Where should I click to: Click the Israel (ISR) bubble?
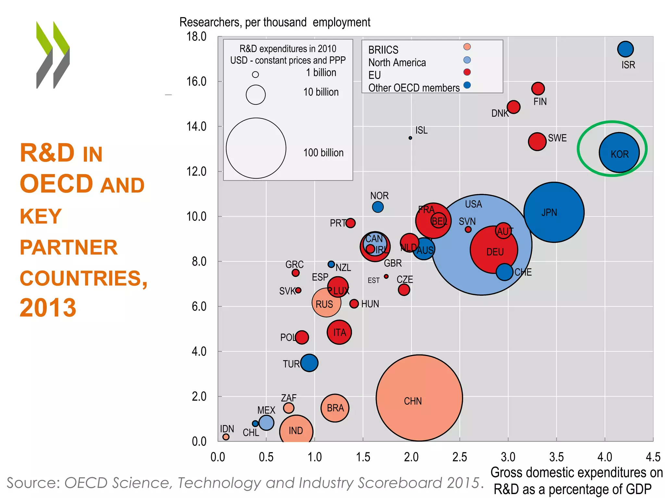[625, 49]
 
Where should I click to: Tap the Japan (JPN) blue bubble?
[554, 212]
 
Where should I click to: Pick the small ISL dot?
[410, 138]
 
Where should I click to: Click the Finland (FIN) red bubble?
[538, 88]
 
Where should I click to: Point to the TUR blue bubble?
[309, 363]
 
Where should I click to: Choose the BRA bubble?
[335, 408]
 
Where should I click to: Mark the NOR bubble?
[378, 207]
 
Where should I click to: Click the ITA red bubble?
[339, 332]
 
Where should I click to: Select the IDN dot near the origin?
[226, 437]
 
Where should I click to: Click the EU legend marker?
[467, 72]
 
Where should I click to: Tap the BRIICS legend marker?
[467, 47]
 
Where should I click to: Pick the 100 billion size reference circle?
[256, 148]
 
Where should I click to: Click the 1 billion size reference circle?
[256, 75]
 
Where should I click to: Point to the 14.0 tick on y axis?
[196, 126]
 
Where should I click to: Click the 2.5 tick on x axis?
[459, 457]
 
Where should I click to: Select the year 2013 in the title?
[48, 307]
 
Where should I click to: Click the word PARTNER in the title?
[69, 247]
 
